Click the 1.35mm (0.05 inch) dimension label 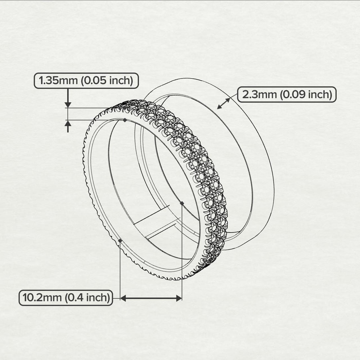click(86, 81)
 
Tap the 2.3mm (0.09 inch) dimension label click(287, 95)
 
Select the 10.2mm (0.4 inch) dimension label click(66, 298)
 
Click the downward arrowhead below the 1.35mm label click(68, 105)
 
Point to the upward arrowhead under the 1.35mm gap click(68, 123)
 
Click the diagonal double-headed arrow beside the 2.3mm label click(224, 103)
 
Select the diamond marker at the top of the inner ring click(125, 120)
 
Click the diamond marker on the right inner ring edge click(182, 203)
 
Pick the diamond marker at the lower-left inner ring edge click(120, 240)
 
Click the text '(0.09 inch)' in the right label click(306, 95)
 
